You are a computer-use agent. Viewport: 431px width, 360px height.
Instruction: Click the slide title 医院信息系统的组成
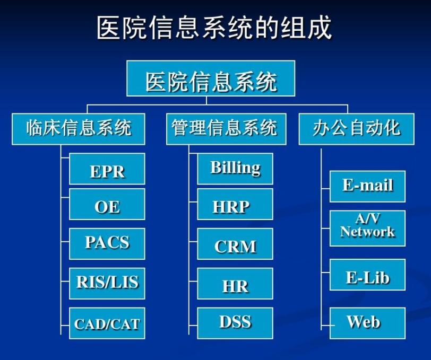[x=214, y=27]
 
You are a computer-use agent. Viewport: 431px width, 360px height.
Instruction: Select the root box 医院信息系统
[x=211, y=78]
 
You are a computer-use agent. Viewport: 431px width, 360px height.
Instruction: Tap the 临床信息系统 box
[x=79, y=129]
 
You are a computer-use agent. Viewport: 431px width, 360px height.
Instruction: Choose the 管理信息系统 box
[x=226, y=129]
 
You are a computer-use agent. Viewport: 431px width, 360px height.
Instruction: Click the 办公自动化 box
[x=357, y=129]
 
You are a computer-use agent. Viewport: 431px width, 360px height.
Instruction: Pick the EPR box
[x=107, y=169]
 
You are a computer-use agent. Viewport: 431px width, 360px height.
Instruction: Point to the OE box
[x=107, y=204]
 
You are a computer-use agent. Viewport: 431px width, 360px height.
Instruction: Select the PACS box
[x=107, y=243]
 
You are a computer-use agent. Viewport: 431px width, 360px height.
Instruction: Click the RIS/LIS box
[x=107, y=283]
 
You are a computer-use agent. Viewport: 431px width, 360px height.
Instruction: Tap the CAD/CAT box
[x=107, y=323]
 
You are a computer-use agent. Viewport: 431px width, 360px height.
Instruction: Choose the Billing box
[x=235, y=169]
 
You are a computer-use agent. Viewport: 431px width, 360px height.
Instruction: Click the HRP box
[x=235, y=204]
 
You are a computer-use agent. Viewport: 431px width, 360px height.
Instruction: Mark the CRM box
[x=235, y=243]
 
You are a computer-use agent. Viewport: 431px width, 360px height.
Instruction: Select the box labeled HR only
[x=235, y=283]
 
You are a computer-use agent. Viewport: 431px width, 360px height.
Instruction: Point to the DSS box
[x=235, y=323]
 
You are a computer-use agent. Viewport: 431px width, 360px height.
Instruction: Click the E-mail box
[x=367, y=187]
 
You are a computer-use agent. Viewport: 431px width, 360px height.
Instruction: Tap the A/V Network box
[x=367, y=228]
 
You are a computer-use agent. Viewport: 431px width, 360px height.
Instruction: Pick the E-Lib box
[x=367, y=275]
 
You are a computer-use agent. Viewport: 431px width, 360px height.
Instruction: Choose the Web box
[x=367, y=323]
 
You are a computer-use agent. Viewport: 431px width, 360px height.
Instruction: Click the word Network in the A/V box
[x=367, y=232]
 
